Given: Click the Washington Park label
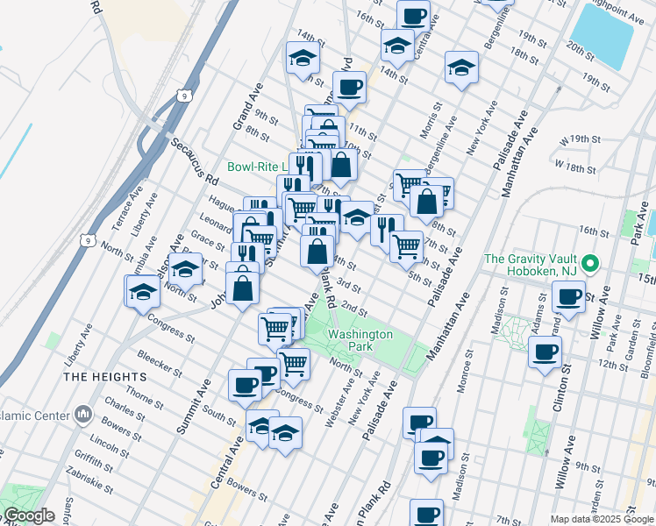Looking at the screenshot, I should click(361, 340).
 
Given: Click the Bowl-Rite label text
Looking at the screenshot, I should click(259, 166).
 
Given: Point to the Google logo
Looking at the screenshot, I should click(29, 515).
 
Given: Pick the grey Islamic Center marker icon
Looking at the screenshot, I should click(82, 412).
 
